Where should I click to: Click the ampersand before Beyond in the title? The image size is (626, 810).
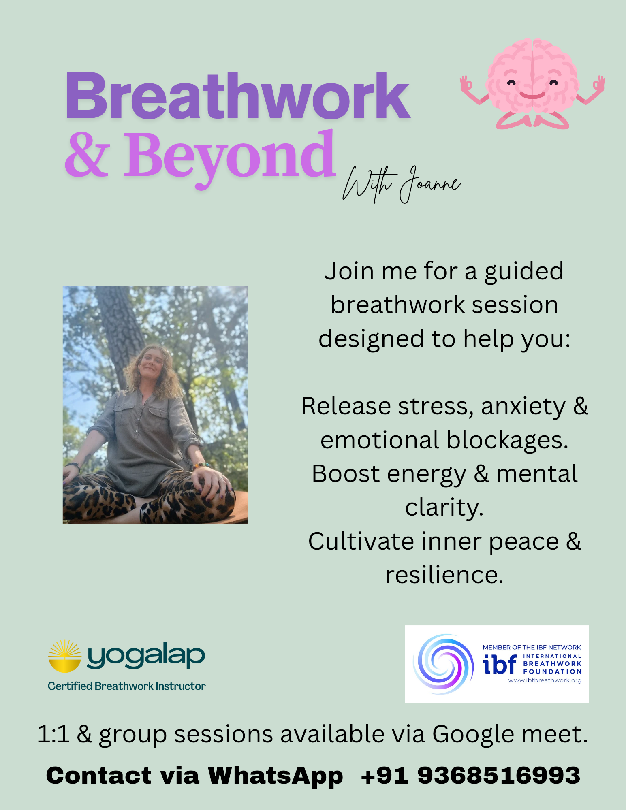(87, 156)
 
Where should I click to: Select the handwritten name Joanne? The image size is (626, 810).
(430, 184)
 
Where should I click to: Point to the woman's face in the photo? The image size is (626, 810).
(152, 364)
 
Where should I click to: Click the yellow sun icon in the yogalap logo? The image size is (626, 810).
(65, 656)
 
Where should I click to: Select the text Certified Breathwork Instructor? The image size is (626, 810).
(126, 686)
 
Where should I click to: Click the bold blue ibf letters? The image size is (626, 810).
(500, 664)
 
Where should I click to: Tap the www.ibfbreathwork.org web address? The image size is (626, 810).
(545, 680)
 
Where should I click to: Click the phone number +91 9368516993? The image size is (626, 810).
(470, 775)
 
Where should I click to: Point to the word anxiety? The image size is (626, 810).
(523, 407)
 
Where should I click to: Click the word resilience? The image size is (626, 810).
(444, 575)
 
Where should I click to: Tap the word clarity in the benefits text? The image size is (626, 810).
(444, 508)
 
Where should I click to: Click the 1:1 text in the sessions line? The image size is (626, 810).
(53, 734)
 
